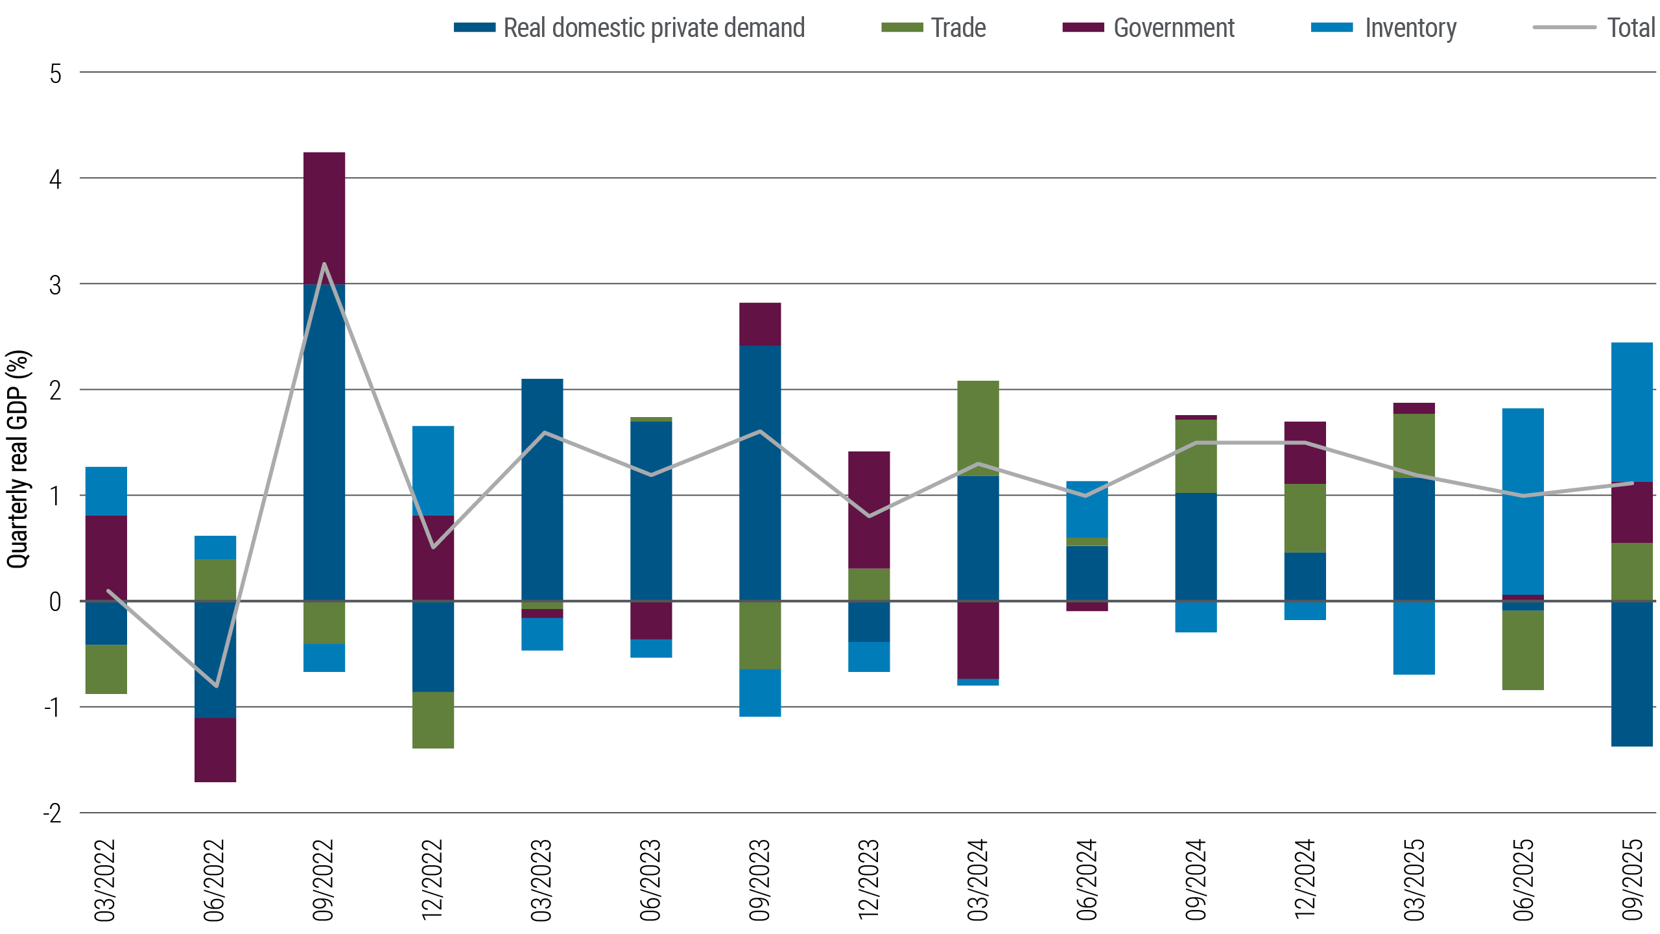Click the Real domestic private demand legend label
tap(654, 28)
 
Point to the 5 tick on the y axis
tap(56, 74)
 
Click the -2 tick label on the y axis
tap(53, 813)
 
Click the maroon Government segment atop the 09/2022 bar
tap(324, 217)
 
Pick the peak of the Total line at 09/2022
tap(324, 263)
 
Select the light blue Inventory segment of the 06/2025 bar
tap(1523, 501)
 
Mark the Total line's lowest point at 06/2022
tap(216, 686)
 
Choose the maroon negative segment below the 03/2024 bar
tap(978, 640)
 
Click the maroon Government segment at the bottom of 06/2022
tap(216, 750)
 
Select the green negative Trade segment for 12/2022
tap(433, 720)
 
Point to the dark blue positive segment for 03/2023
tap(542, 490)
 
